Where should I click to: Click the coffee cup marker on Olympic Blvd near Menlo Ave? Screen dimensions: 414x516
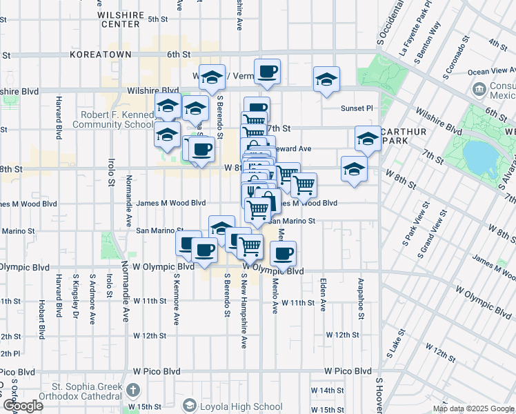(283, 254)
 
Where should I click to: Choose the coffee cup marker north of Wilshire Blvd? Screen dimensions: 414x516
(267, 70)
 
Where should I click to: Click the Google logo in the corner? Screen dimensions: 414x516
(22, 406)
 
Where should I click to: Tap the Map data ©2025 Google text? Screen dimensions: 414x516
(474, 408)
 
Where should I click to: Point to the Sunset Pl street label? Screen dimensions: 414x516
(357, 108)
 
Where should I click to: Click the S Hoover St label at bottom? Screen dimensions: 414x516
(379, 393)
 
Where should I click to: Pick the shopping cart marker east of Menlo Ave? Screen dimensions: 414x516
(304, 184)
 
